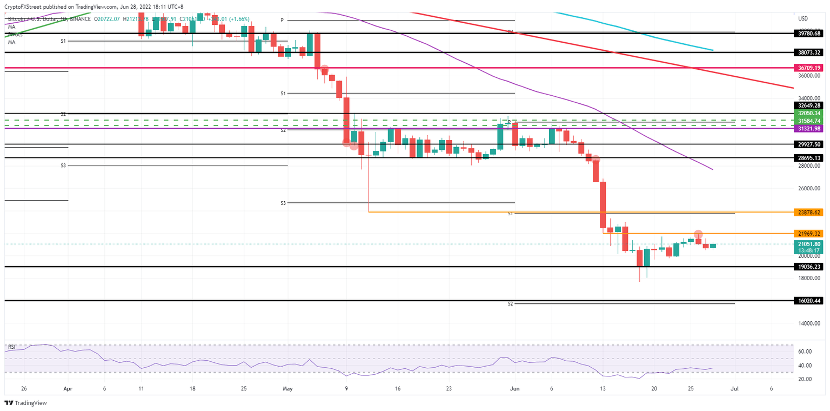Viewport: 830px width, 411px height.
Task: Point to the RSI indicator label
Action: click(x=12, y=347)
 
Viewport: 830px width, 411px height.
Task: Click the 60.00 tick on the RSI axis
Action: click(x=805, y=352)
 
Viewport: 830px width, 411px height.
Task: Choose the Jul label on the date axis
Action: click(x=734, y=388)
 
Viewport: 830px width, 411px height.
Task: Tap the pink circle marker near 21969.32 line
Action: click(x=698, y=234)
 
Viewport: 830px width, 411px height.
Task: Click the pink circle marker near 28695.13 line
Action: click(x=595, y=159)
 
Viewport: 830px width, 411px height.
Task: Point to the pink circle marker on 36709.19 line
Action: click(x=324, y=69)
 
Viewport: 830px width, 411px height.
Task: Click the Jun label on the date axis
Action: click(x=514, y=388)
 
